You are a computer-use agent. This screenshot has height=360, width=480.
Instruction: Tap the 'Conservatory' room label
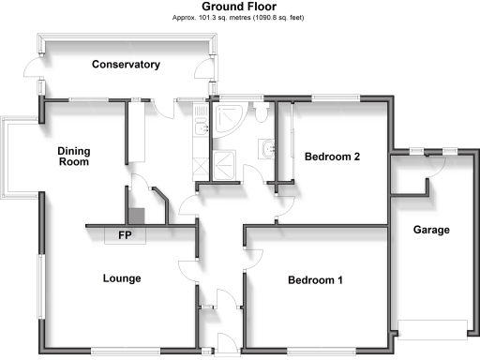(x=126, y=65)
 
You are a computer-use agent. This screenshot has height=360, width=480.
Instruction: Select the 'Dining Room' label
(x=73, y=157)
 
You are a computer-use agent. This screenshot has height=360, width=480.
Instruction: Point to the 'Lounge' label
(x=122, y=278)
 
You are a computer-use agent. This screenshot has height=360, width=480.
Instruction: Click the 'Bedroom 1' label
(x=315, y=280)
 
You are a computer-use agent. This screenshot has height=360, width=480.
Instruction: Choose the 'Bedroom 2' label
(x=333, y=157)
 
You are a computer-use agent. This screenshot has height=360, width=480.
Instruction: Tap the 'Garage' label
(x=433, y=230)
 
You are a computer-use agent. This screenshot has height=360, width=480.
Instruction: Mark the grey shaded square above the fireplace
(x=136, y=215)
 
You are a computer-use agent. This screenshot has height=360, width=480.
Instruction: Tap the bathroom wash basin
(x=268, y=148)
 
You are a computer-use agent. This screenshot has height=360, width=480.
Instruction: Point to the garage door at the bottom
(x=432, y=330)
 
